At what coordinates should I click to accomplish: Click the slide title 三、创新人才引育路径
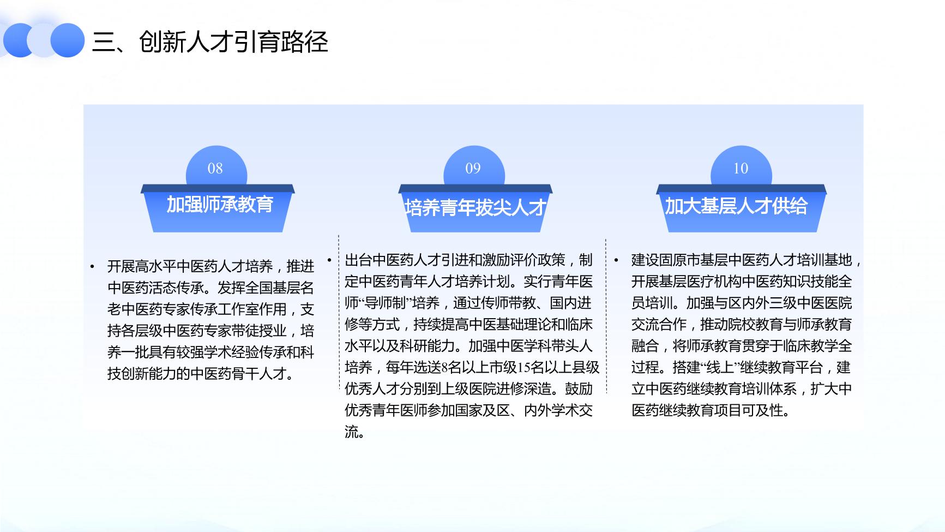[x=210, y=41]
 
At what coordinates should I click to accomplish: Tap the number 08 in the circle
[x=215, y=169]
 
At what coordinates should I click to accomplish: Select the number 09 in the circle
[x=473, y=169]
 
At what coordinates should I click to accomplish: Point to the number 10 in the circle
[x=741, y=169]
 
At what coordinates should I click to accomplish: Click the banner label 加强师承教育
[x=220, y=205]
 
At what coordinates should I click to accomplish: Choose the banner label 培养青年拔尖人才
[x=475, y=207]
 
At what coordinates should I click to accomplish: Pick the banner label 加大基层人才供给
[x=736, y=206]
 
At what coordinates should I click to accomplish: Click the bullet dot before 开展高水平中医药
[x=92, y=267]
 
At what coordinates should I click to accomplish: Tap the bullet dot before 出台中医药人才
[x=329, y=260]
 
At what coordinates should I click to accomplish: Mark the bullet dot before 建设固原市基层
[x=616, y=260]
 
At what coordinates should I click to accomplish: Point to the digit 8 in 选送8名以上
[x=445, y=367]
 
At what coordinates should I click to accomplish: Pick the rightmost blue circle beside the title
[x=68, y=40]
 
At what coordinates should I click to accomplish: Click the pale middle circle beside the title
[x=44, y=40]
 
